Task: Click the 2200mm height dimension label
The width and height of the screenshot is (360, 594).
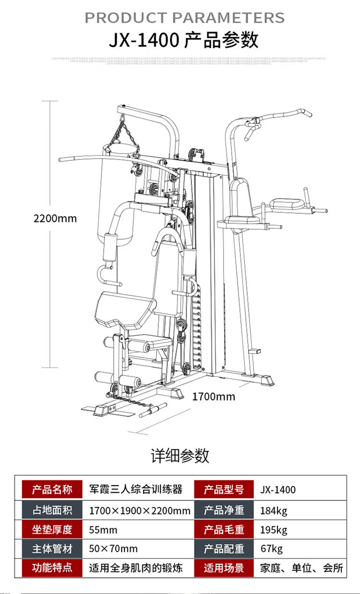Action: pyautogui.click(x=55, y=218)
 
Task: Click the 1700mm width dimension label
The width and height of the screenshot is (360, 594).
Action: pyautogui.click(x=214, y=397)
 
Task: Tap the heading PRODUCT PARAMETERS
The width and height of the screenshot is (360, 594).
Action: pyautogui.click(x=185, y=18)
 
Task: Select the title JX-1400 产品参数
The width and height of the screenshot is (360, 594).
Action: pyautogui.click(x=183, y=40)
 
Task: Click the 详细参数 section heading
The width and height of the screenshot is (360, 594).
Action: pyautogui.click(x=180, y=455)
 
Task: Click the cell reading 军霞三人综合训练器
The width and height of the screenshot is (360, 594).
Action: pyautogui.click(x=136, y=490)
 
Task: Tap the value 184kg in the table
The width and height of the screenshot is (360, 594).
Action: pyautogui.click(x=274, y=510)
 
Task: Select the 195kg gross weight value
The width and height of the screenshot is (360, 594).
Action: pyautogui.click(x=274, y=530)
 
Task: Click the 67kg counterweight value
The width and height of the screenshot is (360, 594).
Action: pyautogui.click(x=271, y=549)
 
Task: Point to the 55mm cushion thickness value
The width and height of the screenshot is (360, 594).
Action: pyautogui.click(x=103, y=530)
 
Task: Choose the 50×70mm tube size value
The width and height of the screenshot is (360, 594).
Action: pyautogui.click(x=113, y=549)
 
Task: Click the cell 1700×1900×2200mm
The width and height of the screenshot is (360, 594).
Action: pyautogui.click(x=140, y=510)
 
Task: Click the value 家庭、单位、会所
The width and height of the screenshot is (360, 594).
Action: pyautogui.click(x=301, y=568)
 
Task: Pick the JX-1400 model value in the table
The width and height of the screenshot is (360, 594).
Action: pyautogui.click(x=278, y=490)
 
